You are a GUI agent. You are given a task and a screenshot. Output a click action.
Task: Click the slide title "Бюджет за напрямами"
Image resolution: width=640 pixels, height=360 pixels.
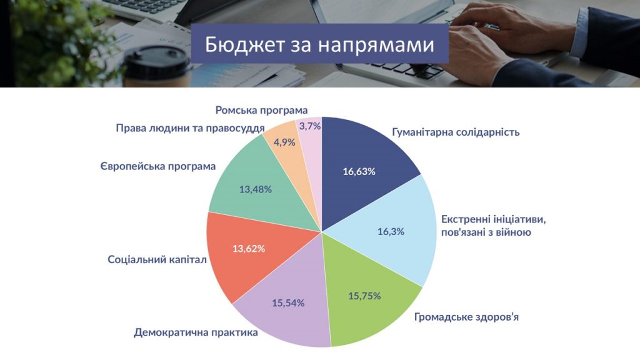tap(319, 44)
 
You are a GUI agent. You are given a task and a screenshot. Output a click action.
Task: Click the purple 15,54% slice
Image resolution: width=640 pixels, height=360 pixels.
tap(286, 302)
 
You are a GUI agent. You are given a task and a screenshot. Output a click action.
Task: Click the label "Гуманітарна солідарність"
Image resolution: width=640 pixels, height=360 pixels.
tap(456, 132)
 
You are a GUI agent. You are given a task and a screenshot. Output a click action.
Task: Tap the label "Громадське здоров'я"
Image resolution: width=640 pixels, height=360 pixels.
tap(466, 317)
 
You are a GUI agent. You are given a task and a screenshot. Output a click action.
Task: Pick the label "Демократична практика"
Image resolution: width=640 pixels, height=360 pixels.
tap(196, 332)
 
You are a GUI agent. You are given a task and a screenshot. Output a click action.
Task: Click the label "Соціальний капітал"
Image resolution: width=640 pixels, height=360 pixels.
tap(157, 259)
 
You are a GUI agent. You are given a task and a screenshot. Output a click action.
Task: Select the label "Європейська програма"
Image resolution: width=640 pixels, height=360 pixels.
tap(158, 166)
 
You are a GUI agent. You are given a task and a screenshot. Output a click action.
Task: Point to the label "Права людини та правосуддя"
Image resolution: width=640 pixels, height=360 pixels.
tap(190, 128)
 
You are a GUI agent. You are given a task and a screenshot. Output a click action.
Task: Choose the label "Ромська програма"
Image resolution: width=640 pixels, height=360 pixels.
tap(261, 110)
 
